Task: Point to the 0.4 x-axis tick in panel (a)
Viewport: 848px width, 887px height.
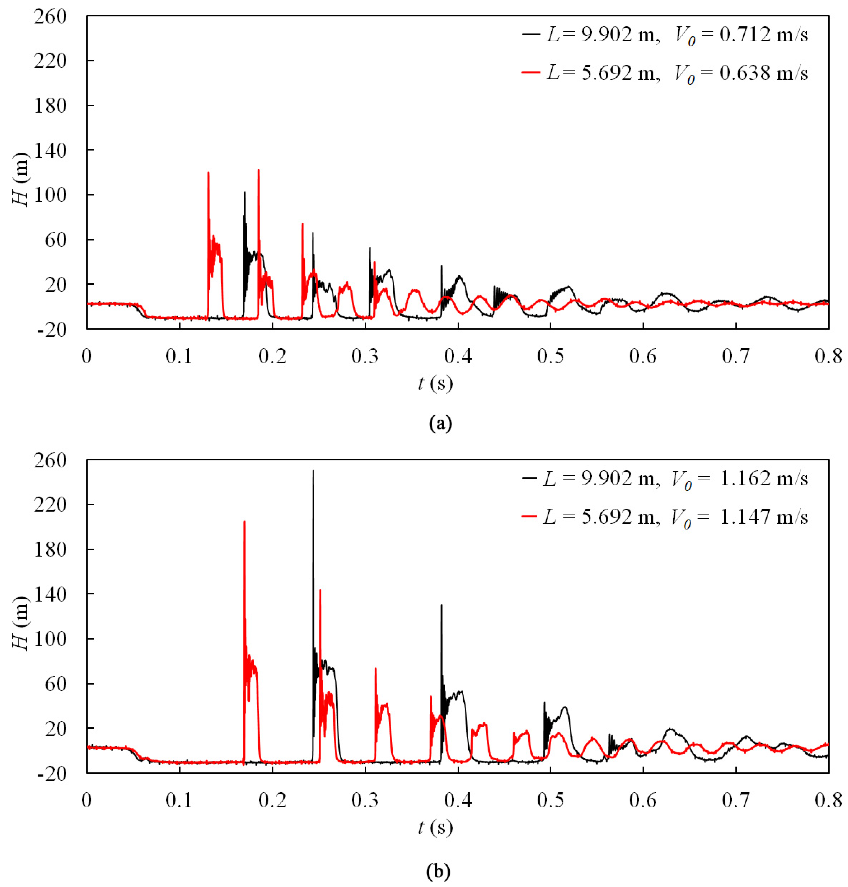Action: (x=458, y=357)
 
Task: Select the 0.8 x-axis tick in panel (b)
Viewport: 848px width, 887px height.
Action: (x=828, y=800)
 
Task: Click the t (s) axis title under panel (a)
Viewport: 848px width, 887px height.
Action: (x=435, y=384)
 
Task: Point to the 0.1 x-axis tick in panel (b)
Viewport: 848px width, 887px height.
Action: (x=179, y=800)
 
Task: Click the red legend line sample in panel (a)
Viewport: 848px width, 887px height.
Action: (x=531, y=72)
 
